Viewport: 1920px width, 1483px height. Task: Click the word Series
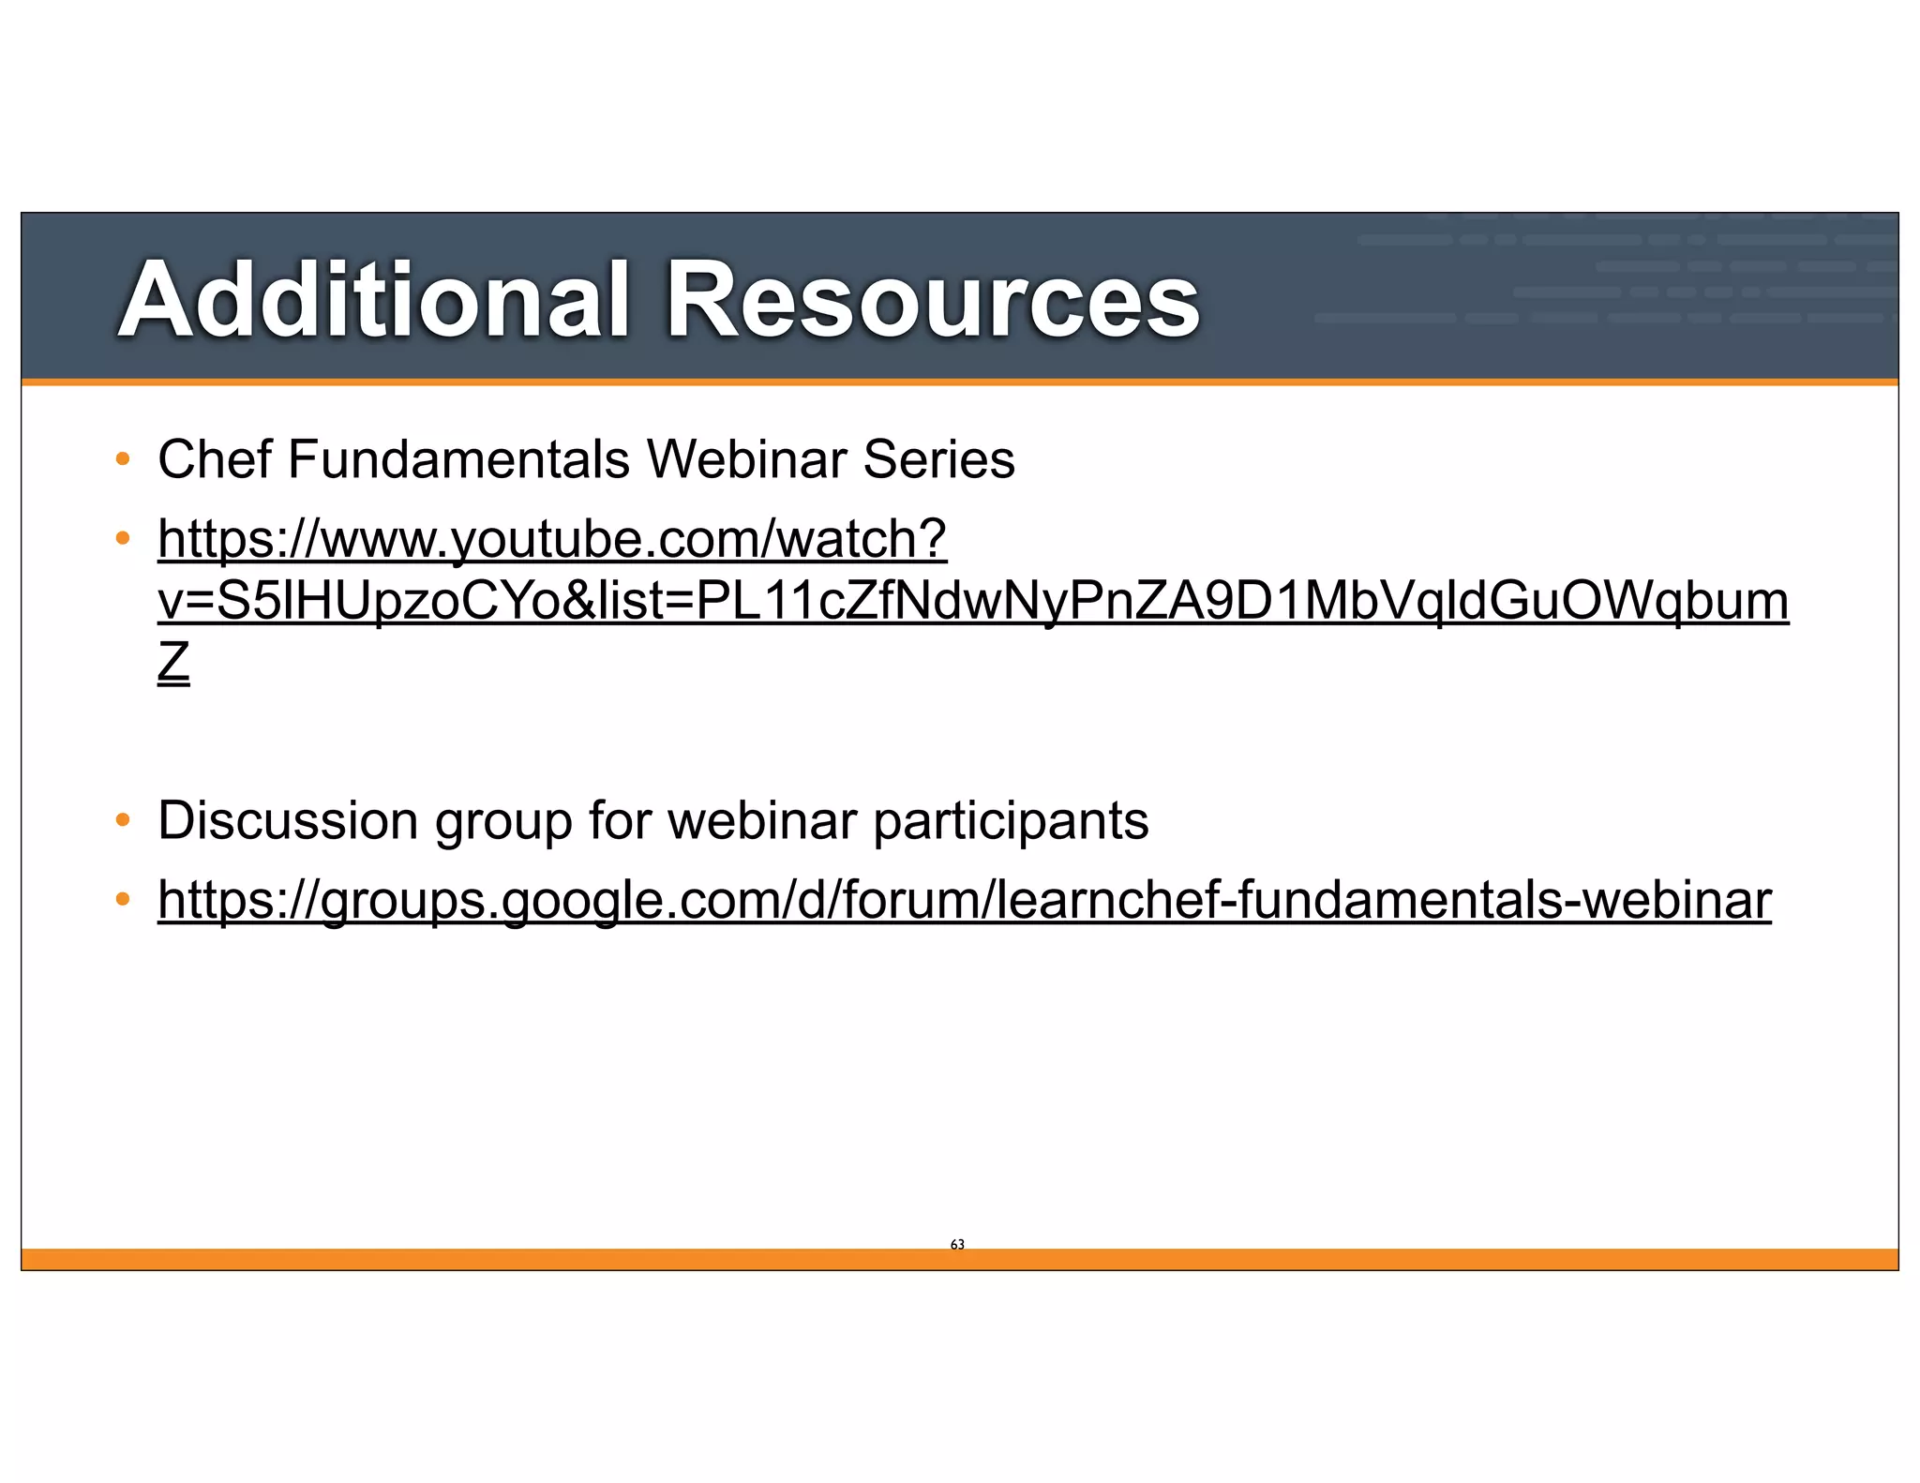[938, 459]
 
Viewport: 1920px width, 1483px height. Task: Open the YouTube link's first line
[552, 540]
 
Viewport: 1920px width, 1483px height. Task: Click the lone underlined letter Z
[173, 663]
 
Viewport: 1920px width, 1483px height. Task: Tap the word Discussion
[288, 821]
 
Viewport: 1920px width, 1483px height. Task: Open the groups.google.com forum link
[964, 901]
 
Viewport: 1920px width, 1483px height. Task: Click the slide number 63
[957, 1244]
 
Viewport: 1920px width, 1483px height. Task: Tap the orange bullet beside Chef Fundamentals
[122, 459]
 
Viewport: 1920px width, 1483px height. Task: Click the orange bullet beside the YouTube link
[122, 539]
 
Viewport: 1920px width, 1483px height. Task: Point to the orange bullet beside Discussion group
[122, 821]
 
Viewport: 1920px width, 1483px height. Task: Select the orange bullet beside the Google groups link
[122, 900]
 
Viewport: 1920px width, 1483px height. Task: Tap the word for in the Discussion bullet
[619, 821]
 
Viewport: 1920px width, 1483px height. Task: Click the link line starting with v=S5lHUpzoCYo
[972, 601]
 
